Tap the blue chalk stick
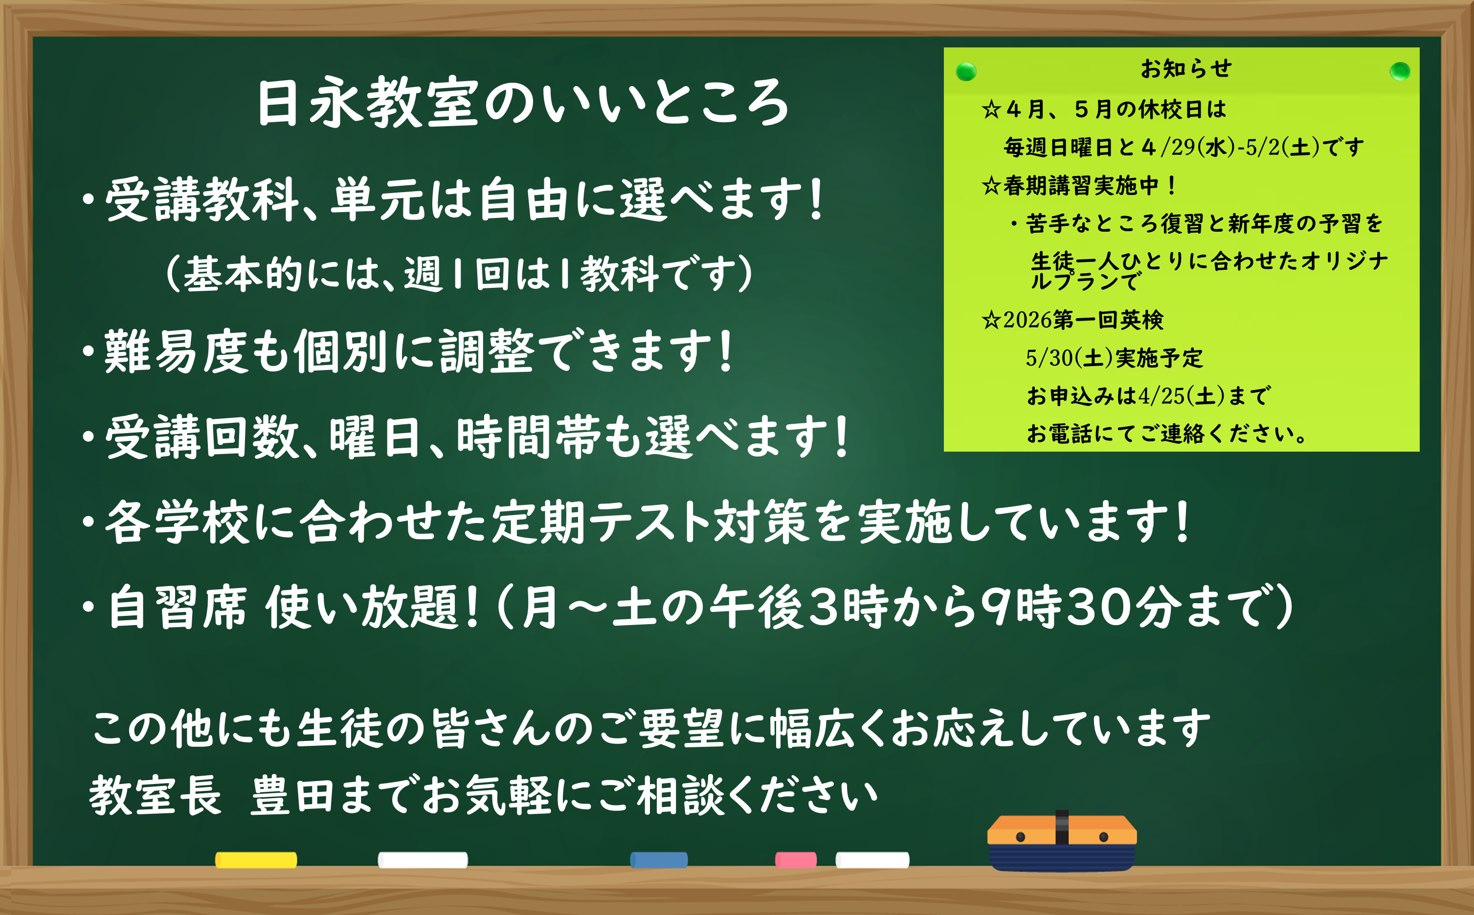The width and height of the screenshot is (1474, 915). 659,860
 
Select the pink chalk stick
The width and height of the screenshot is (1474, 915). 795,860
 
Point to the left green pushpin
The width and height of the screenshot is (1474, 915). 966,72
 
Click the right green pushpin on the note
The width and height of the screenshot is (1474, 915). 1400,71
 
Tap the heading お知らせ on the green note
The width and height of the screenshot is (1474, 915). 1186,69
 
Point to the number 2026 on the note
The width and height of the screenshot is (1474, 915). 1028,320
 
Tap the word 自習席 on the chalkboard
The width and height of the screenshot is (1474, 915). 177,607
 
